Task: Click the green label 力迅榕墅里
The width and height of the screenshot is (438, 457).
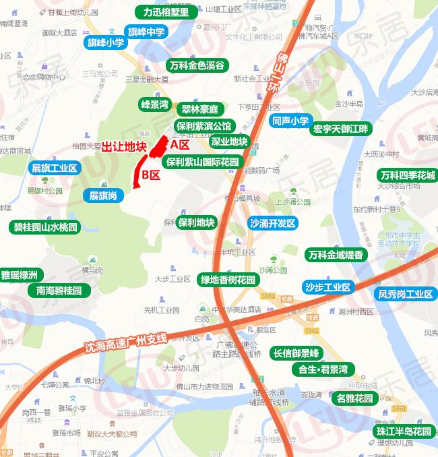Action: click(166, 11)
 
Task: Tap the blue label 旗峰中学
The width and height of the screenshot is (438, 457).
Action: click(146, 31)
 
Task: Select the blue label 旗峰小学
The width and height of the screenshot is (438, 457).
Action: click(106, 42)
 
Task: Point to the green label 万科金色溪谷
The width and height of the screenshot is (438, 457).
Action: click(197, 65)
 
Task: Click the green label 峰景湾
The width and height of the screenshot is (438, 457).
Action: click(154, 104)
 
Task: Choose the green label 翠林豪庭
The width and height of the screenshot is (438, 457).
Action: click(200, 109)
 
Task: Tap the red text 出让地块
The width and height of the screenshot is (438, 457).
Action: click(124, 146)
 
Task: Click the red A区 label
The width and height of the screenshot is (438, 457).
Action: click(180, 144)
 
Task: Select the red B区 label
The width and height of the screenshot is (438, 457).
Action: click(150, 175)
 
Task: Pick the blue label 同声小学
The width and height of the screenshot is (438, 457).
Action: click(290, 121)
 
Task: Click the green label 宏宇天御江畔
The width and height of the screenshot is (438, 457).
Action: click(340, 128)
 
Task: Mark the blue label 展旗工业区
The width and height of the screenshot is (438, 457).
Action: click(55, 168)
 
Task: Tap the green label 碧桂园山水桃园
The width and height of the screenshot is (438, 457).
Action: click(46, 227)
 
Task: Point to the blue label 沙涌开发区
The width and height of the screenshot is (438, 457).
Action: click(272, 223)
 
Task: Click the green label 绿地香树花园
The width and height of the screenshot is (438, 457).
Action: click(228, 280)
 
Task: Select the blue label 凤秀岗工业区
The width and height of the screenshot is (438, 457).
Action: click(405, 294)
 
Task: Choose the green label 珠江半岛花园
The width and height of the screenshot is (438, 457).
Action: click(404, 431)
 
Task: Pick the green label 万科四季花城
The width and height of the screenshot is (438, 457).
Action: click(407, 175)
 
